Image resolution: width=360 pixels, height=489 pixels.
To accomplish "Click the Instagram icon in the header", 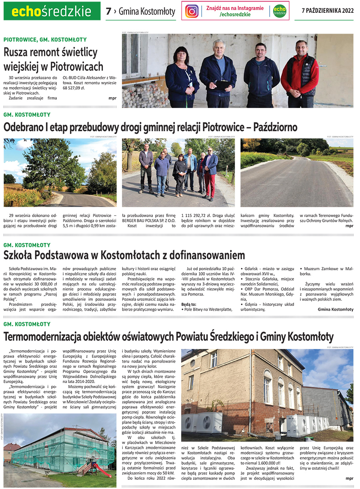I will tap(192, 11).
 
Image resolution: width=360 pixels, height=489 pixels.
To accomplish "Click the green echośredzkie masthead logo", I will tap(52, 12).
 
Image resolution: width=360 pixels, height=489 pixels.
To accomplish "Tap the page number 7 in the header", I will tap(108, 11).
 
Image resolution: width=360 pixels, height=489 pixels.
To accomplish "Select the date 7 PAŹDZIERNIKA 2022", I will tap(328, 11).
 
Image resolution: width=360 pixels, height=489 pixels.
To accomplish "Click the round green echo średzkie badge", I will tap(280, 11).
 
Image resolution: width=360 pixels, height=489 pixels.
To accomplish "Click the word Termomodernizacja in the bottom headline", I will tap(40, 337).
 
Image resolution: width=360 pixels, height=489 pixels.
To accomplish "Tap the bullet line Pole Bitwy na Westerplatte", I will tap(207, 309).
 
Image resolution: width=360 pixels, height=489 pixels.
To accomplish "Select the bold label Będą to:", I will tap(189, 303).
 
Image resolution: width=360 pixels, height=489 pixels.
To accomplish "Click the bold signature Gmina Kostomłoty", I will tap(335, 309).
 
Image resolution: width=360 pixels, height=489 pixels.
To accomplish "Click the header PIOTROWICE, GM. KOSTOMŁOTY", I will tap(45, 40).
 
